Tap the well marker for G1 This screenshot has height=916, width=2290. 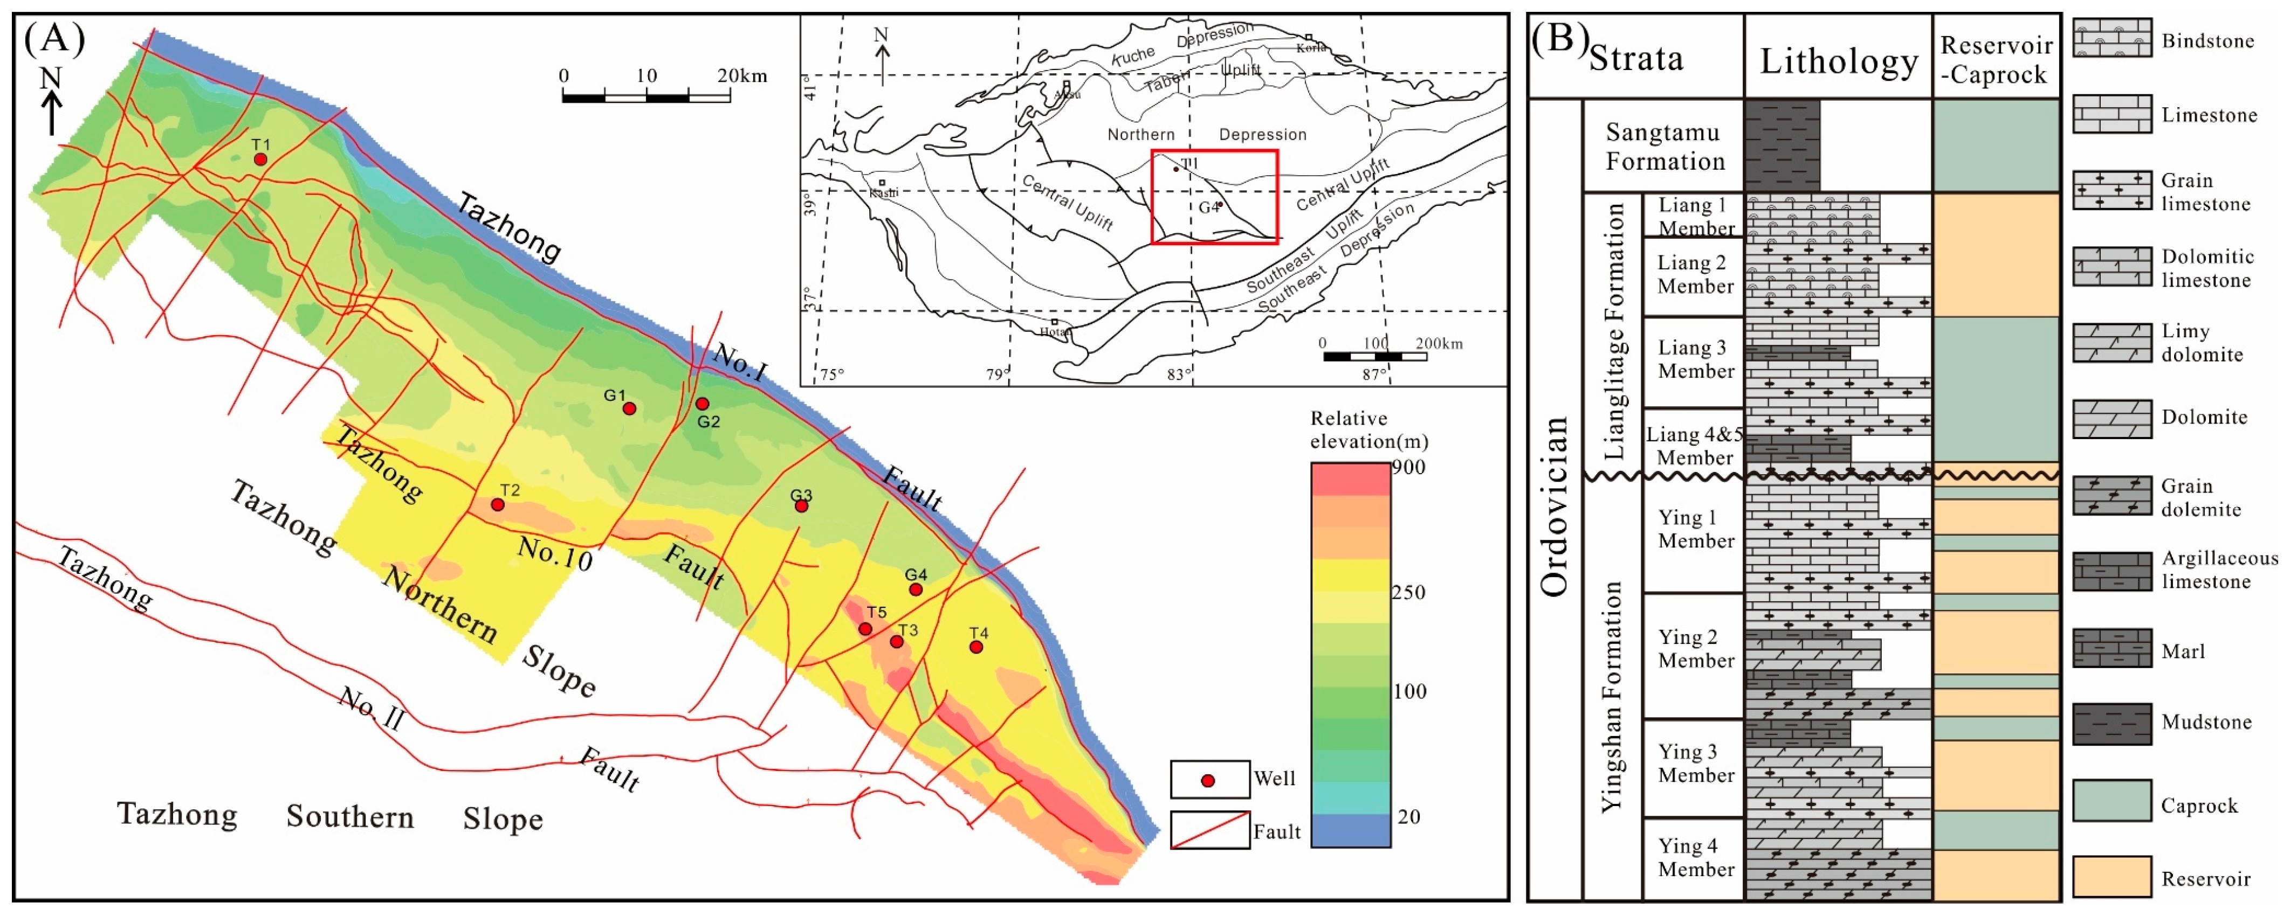[x=629, y=408]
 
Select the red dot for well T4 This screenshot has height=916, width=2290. [x=976, y=647]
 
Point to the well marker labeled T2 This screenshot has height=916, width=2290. [x=498, y=505]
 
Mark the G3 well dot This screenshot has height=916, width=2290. [x=801, y=505]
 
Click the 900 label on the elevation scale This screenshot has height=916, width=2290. [x=1408, y=467]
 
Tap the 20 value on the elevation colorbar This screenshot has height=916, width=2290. [x=1408, y=816]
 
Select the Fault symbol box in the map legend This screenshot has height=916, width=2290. [x=1209, y=831]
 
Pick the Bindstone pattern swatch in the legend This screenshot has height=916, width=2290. [x=2112, y=40]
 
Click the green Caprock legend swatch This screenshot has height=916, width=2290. [x=2112, y=801]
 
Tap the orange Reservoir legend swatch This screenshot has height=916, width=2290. [x=2112, y=876]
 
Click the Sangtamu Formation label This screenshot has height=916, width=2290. [x=1664, y=147]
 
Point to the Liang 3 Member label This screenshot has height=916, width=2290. [x=1695, y=359]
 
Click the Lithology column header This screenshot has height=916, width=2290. [x=1838, y=60]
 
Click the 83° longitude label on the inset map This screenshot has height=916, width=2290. [x=1179, y=374]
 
